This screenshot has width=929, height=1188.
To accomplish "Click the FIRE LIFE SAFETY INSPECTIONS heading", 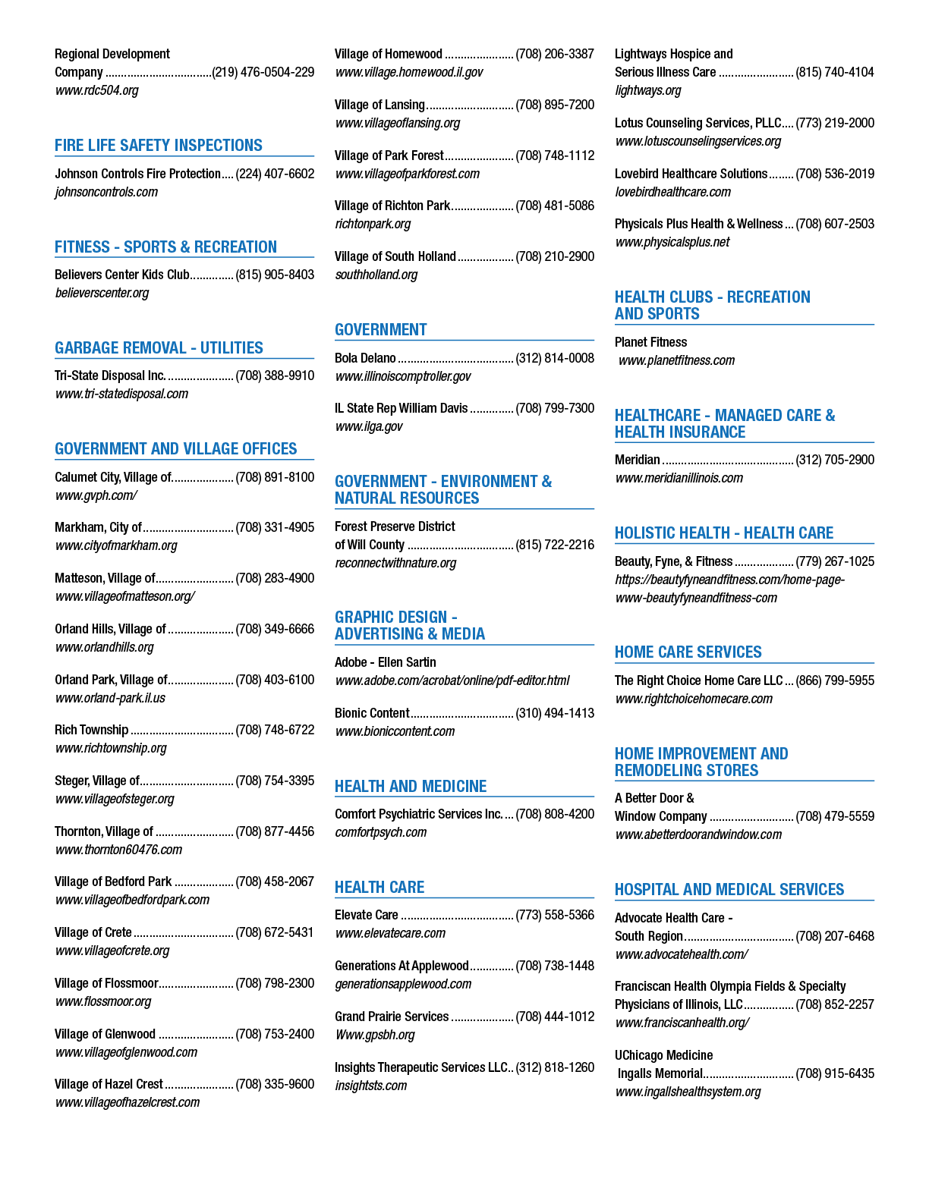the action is tap(159, 146).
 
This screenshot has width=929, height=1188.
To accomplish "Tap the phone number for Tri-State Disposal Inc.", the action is tap(275, 376).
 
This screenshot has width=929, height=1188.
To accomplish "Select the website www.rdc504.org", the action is tap(97, 90).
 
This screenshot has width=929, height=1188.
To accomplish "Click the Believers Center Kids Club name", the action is tap(122, 275).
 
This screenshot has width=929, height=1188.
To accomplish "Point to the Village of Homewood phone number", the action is tap(555, 54).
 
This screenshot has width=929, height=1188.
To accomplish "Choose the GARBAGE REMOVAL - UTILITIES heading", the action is tap(159, 347).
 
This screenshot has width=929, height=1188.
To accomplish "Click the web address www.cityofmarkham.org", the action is tap(116, 545).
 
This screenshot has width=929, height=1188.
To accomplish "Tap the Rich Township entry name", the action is tap(91, 730).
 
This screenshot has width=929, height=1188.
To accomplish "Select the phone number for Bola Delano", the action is tap(555, 358).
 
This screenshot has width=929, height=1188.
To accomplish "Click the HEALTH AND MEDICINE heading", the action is tap(411, 786).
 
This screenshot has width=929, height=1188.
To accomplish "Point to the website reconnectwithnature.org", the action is tap(395, 563).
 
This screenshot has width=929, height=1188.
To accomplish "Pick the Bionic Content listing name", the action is tap(372, 713).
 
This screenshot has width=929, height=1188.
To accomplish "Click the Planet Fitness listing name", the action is tap(650, 342).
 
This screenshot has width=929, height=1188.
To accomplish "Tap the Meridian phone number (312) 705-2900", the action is tap(834, 460).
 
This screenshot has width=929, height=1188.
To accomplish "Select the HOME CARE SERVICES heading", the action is tap(688, 652).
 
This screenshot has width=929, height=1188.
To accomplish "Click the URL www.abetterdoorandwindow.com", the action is tap(698, 834).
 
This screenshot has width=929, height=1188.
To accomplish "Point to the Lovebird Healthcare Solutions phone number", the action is tap(834, 174).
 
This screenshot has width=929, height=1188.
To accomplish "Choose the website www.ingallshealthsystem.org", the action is tap(688, 1091).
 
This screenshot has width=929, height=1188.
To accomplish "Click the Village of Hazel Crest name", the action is tap(109, 1084).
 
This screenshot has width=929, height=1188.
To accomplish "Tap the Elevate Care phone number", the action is tap(555, 915).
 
